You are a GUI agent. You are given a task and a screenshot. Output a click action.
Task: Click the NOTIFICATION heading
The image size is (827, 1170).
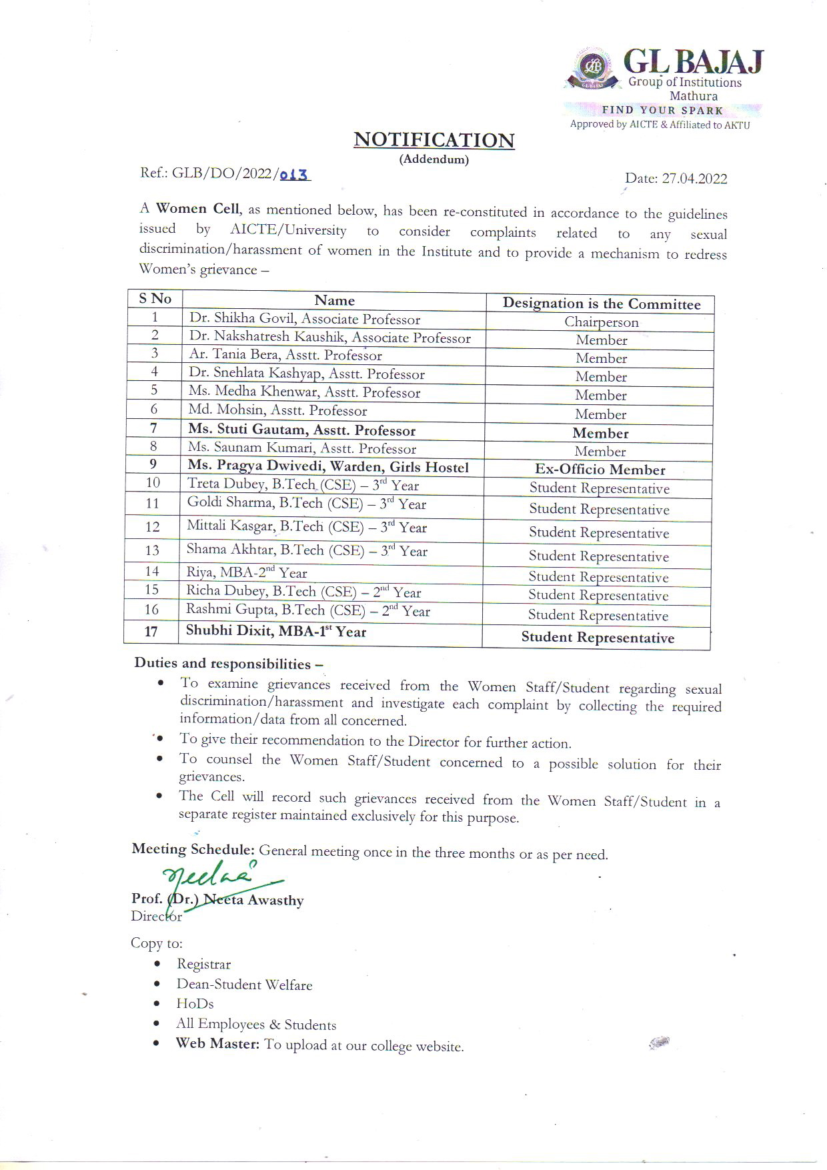point(434,140)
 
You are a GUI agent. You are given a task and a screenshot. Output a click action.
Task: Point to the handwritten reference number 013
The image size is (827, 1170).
point(294,175)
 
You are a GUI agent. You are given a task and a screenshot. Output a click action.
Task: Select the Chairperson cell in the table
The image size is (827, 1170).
point(601,322)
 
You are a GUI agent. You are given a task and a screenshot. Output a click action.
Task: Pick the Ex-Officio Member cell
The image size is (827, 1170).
point(600,470)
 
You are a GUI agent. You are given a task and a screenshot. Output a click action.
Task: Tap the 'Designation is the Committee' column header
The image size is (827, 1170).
point(601,304)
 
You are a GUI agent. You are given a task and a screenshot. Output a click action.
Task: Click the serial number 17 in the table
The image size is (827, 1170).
point(151,631)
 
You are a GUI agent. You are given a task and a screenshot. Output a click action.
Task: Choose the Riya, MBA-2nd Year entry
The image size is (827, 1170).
point(247,572)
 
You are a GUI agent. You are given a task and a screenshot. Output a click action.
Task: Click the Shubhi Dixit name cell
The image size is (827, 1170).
point(276,632)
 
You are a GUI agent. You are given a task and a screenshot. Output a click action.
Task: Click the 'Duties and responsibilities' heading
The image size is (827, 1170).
point(228,664)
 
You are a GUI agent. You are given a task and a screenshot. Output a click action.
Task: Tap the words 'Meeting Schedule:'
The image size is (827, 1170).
point(193,849)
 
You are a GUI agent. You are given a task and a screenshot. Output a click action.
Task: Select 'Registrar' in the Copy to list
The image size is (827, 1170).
point(203,965)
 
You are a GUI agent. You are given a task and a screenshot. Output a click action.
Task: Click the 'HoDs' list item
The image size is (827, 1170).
point(195,1004)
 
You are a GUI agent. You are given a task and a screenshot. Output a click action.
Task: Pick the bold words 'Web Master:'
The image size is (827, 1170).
point(217,1043)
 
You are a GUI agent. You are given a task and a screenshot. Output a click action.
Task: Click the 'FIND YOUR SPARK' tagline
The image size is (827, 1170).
point(662,111)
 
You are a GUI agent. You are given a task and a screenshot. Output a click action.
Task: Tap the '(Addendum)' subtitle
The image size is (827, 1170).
point(434,159)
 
